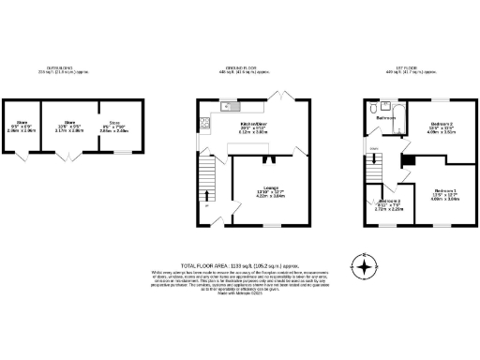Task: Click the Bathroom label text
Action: tap(385, 119)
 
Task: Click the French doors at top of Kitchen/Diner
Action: tap(277, 97)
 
